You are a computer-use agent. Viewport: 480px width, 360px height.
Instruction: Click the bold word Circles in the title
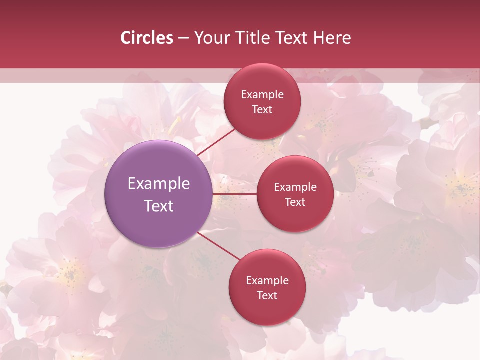pyautogui.click(x=147, y=38)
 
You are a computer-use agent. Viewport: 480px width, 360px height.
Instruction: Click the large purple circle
pyautogui.click(x=158, y=194)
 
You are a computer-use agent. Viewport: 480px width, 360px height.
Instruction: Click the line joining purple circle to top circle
pyautogui.click(x=216, y=142)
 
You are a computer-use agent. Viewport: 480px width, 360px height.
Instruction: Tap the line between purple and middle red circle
pyautogui.click(x=234, y=194)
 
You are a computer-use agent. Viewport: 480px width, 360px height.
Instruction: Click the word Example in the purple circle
pyautogui.click(x=159, y=184)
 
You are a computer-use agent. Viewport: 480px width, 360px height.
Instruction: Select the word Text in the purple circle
pyautogui.click(x=159, y=206)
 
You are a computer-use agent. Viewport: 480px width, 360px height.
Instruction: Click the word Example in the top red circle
pyautogui.click(x=262, y=95)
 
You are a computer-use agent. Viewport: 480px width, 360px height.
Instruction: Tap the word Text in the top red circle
pyautogui.click(x=262, y=110)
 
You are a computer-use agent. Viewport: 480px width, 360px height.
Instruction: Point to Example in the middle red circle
pyautogui.click(x=295, y=187)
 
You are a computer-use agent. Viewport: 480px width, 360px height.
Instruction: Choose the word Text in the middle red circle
pyautogui.click(x=295, y=202)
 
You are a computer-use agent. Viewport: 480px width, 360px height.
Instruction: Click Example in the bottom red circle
pyautogui.click(x=267, y=281)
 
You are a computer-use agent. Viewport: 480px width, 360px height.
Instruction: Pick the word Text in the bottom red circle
pyautogui.click(x=267, y=296)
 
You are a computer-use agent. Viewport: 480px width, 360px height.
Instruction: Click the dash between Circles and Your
pyautogui.click(x=183, y=38)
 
